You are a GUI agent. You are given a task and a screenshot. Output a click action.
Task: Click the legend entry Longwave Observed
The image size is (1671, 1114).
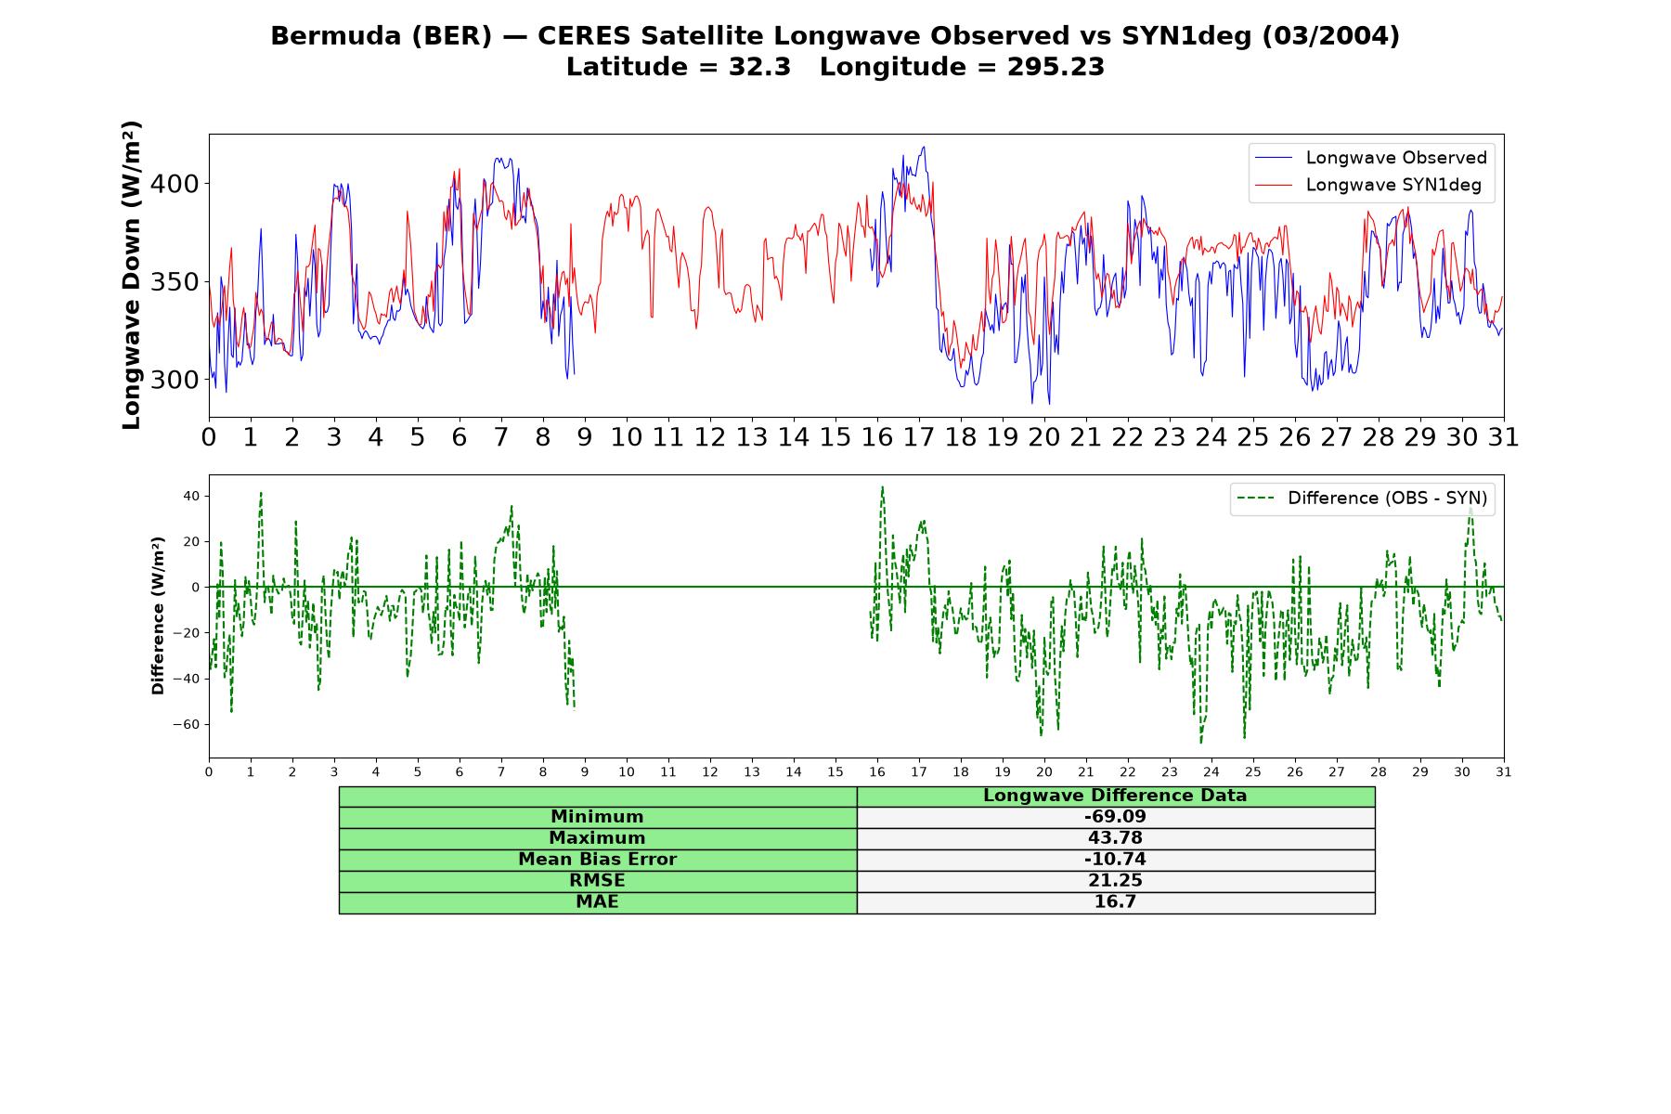pos(1370,158)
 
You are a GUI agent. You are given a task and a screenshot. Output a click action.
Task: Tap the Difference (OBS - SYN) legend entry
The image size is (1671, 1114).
pos(1362,499)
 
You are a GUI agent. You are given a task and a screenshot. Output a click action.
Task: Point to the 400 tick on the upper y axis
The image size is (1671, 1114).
pos(175,184)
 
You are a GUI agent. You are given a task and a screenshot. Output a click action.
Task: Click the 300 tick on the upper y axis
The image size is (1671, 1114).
pos(175,380)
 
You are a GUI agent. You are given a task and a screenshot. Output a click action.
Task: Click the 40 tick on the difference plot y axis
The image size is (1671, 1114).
pos(190,496)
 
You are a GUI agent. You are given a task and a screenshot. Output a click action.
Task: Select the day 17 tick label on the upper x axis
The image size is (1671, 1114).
pos(919,437)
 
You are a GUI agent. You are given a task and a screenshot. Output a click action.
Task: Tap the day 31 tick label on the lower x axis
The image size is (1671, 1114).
pos(1504,771)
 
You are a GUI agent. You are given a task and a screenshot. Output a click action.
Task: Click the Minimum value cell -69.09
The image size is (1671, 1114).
pos(1115,817)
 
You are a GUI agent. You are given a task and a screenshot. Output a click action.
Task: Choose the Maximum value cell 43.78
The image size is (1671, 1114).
pos(1115,838)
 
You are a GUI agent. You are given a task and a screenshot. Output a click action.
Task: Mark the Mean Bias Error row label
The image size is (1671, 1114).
pos(597,860)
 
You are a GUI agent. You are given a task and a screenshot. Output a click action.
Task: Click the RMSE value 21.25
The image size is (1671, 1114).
pos(1115,881)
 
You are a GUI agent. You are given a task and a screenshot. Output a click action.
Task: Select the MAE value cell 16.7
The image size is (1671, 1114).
pos(1115,902)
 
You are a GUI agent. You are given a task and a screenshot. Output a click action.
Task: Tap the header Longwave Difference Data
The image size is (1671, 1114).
pos(1115,796)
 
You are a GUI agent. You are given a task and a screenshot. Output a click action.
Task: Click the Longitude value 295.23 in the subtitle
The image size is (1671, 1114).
pos(1056,67)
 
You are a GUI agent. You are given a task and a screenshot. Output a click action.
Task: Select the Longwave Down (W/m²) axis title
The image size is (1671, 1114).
pos(131,275)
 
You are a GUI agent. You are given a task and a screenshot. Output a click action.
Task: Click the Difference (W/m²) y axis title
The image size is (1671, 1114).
pos(158,615)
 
